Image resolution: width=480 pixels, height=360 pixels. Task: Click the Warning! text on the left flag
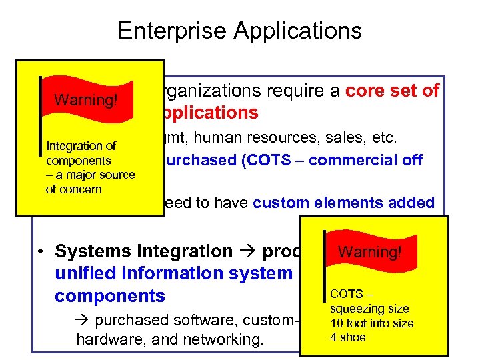pos(86,100)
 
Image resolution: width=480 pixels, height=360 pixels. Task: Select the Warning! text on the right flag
pos(370,252)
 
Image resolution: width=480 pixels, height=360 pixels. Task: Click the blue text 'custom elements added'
pos(344,203)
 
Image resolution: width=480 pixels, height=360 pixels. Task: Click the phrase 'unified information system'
pos(174,273)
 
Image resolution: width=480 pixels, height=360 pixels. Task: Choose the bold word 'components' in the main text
pos(110,296)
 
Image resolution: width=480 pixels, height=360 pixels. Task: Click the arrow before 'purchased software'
pos(84,319)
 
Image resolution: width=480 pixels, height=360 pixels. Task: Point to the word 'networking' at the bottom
pos(227,340)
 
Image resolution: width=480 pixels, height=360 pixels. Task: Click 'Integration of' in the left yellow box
pos(81,146)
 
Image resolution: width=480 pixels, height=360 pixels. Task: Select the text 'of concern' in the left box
pos(74,189)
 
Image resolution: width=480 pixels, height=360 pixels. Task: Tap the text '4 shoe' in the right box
pos(348,337)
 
